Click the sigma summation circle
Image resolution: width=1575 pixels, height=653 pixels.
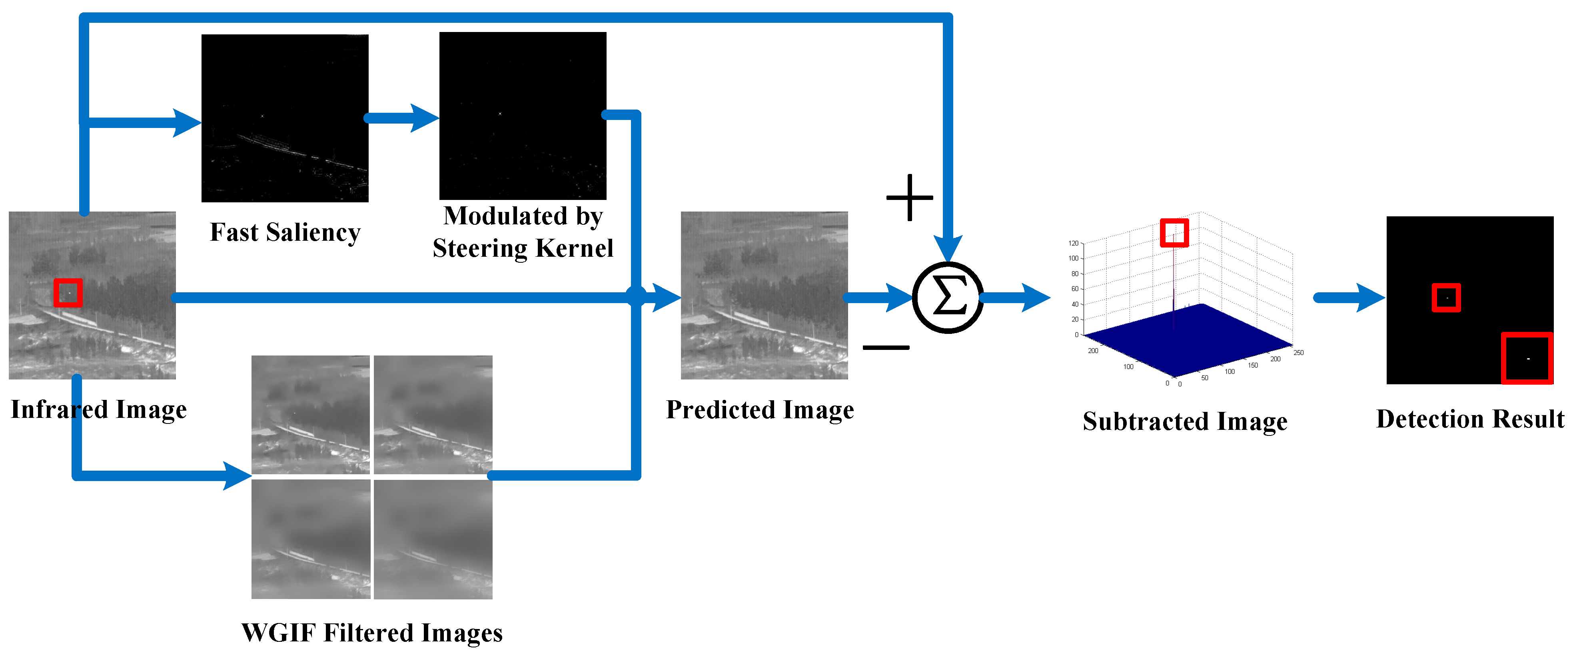(x=948, y=298)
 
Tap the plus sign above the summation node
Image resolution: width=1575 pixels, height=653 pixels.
(x=910, y=198)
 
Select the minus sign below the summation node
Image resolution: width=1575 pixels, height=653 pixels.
(x=886, y=347)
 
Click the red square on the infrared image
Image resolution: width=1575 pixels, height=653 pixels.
(x=68, y=293)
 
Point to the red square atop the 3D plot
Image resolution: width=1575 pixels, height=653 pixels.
(x=1174, y=233)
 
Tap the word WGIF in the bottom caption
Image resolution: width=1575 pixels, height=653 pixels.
(x=278, y=633)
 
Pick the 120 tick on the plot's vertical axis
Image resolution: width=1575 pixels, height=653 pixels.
(x=1074, y=244)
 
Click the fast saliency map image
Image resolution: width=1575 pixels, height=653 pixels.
(x=285, y=118)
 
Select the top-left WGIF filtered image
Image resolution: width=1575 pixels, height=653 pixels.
(x=311, y=415)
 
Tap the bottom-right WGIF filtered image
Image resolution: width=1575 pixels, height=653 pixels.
(x=433, y=539)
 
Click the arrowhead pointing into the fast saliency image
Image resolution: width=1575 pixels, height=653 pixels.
(x=186, y=123)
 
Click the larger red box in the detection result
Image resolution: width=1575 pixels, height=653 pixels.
(x=1527, y=358)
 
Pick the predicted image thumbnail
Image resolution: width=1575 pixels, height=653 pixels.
(x=764, y=296)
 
